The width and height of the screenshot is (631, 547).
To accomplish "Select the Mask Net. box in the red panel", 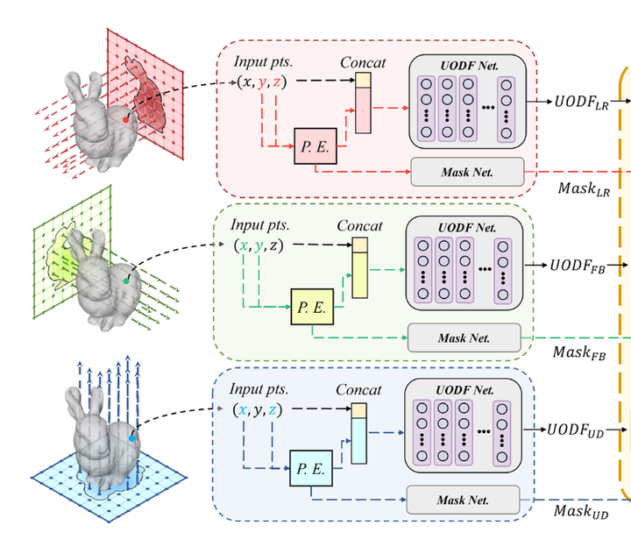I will (x=467, y=172).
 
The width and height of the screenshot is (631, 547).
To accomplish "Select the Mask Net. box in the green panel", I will (x=464, y=337).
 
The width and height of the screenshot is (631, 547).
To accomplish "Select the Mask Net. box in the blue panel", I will (x=464, y=500).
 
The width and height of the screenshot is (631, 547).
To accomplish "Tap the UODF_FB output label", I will (x=578, y=265).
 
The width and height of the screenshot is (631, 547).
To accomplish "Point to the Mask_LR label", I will (x=583, y=188).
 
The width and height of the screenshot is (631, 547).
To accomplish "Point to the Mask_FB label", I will (x=579, y=352).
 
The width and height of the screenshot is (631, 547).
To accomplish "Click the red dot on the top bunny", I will (x=127, y=117).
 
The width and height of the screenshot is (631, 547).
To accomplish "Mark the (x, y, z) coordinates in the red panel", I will (x=262, y=82).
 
